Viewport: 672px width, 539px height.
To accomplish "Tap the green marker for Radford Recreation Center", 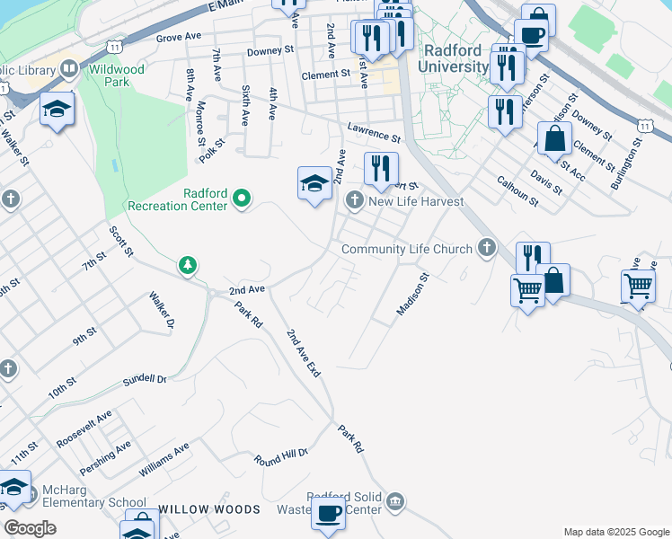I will [x=241, y=198].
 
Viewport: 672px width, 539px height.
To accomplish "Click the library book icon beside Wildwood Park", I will [x=69, y=68].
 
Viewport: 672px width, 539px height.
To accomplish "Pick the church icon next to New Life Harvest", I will [x=355, y=199].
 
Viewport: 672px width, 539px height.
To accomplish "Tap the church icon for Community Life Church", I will [x=487, y=247].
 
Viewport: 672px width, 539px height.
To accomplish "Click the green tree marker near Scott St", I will [x=188, y=265].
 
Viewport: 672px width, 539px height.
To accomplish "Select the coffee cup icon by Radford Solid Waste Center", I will [x=328, y=514].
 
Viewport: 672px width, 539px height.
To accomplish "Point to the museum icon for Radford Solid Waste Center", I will [x=396, y=501].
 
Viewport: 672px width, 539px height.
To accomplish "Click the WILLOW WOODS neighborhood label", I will [x=210, y=509].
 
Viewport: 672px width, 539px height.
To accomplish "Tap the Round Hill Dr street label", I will [x=280, y=455].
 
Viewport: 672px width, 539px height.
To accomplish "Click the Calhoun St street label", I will [x=517, y=190].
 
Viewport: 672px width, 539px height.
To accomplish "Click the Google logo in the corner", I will [x=30, y=528].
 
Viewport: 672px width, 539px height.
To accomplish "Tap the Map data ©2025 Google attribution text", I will [x=615, y=532].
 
